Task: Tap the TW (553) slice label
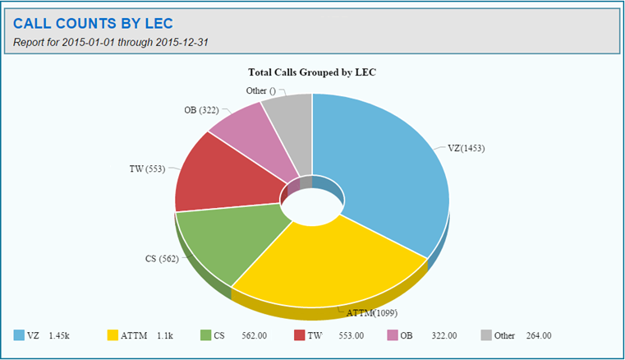click(x=147, y=169)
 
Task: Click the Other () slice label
click(x=261, y=90)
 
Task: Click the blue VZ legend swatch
click(x=19, y=335)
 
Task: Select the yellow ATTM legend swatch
click(x=113, y=335)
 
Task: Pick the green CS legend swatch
click(x=206, y=335)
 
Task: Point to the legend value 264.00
click(x=538, y=335)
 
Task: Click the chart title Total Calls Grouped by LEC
click(x=312, y=72)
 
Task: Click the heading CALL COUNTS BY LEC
click(x=93, y=23)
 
